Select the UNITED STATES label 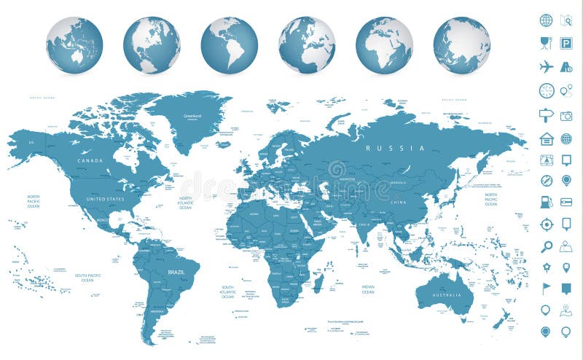[106, 198]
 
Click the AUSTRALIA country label [446, 295]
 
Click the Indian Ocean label [368, 289]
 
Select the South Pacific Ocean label [87, 278]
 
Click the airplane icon [547, 66]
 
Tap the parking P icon [566, 43]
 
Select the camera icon [566, 115]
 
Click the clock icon [547, 90]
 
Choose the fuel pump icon [547, 202]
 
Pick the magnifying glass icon [547, 247]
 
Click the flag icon [547, 289]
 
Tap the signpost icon [547, 115]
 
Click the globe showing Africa [384, 45]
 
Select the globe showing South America [229, 45]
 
